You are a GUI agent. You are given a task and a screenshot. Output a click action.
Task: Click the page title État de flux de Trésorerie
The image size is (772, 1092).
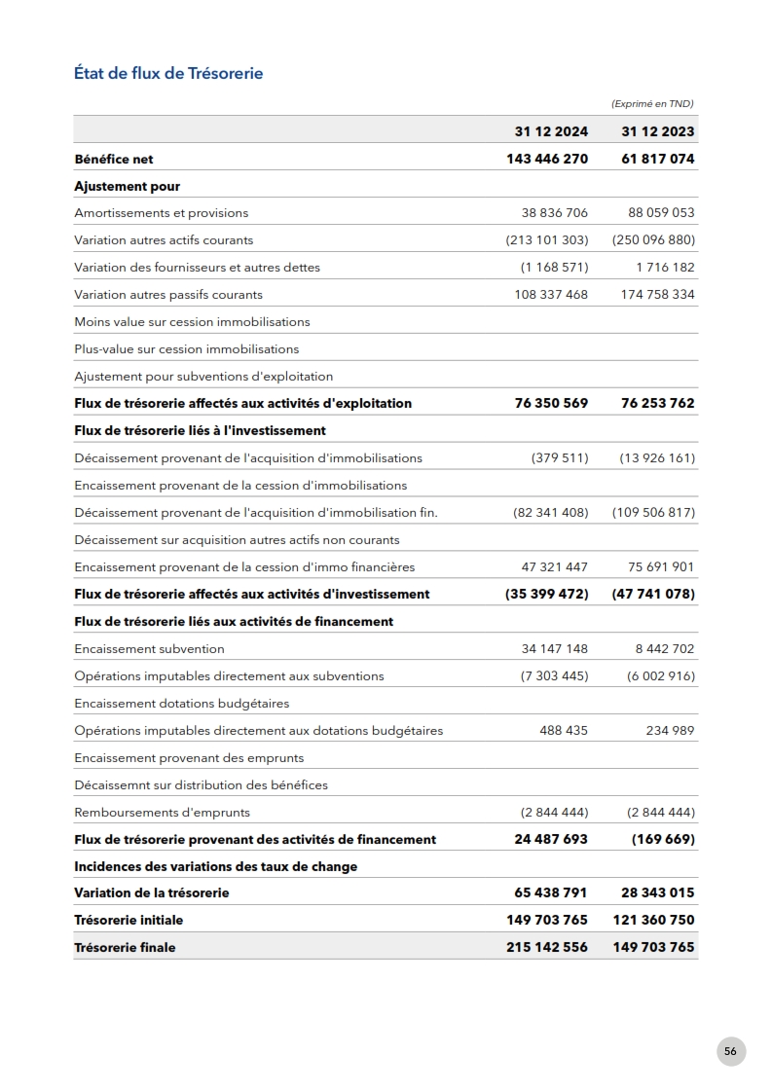(x=168, y=73)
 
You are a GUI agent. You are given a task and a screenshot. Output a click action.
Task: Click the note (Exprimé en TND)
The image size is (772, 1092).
(x=652, y=104)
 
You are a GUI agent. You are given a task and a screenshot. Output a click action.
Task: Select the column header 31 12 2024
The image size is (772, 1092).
(x=551, y=131)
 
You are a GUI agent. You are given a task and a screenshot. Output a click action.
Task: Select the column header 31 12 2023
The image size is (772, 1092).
(x=658, y=131)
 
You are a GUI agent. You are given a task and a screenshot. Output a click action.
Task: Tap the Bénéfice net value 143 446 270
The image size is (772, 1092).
(x=547, y=159)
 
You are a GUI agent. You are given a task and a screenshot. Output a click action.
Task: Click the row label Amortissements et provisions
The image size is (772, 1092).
(x=162, y=213)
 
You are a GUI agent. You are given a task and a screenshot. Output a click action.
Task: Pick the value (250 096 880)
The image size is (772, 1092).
(x=653, y=240)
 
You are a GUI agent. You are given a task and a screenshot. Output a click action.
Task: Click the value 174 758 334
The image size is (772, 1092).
(x=658, y=295)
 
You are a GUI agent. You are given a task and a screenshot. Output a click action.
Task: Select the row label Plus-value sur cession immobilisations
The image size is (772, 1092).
(x=187, y=349)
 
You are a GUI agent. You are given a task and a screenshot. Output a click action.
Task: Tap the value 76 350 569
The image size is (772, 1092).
(x=551, y=403)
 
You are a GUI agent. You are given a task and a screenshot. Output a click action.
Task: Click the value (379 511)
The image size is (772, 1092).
(x=560, y=458)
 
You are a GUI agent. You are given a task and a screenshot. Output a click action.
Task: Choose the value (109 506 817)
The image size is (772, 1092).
(x=653, y=513)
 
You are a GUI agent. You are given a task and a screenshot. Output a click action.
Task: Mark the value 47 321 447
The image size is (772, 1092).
(x=555, y=567)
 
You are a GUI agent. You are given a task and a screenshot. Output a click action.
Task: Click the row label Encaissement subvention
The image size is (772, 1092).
(x=150, y=649)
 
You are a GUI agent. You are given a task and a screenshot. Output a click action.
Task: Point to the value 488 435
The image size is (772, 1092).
(x=564, y=731)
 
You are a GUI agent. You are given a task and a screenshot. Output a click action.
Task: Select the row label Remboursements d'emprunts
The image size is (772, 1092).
(x=163, y=813)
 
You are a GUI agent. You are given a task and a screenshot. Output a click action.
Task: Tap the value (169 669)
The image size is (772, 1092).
(x=663, y=839)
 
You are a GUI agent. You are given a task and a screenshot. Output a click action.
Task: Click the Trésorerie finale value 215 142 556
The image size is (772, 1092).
(x=547, y=947)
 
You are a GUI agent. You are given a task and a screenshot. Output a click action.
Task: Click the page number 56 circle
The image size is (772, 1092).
(x=731, y=1051)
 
